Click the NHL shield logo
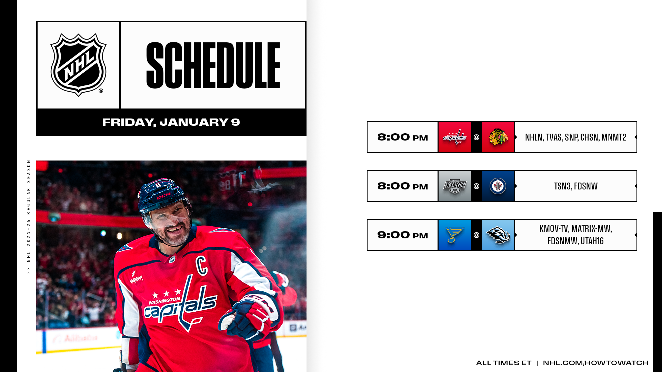coord(78,65)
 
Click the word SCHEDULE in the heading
coord(213,65)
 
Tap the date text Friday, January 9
coord(171,122)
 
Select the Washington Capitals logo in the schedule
coord(454,137)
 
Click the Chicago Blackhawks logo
coord(498,137)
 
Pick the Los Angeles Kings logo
coord(454,186)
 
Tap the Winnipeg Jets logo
coord(498,186)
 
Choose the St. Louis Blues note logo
coord(454,235)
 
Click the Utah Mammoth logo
coord(498,235)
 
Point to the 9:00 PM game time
coord(402,235)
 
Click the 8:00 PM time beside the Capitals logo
coord(402,137)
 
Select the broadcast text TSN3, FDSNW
coord(575,186)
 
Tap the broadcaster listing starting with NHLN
coord(575,137)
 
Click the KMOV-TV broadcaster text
coord(554,229)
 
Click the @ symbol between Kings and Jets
coord(476,186)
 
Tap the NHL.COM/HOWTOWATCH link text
coord(595,363)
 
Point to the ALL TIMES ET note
coord(503,363)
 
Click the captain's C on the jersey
coord(201,265)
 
